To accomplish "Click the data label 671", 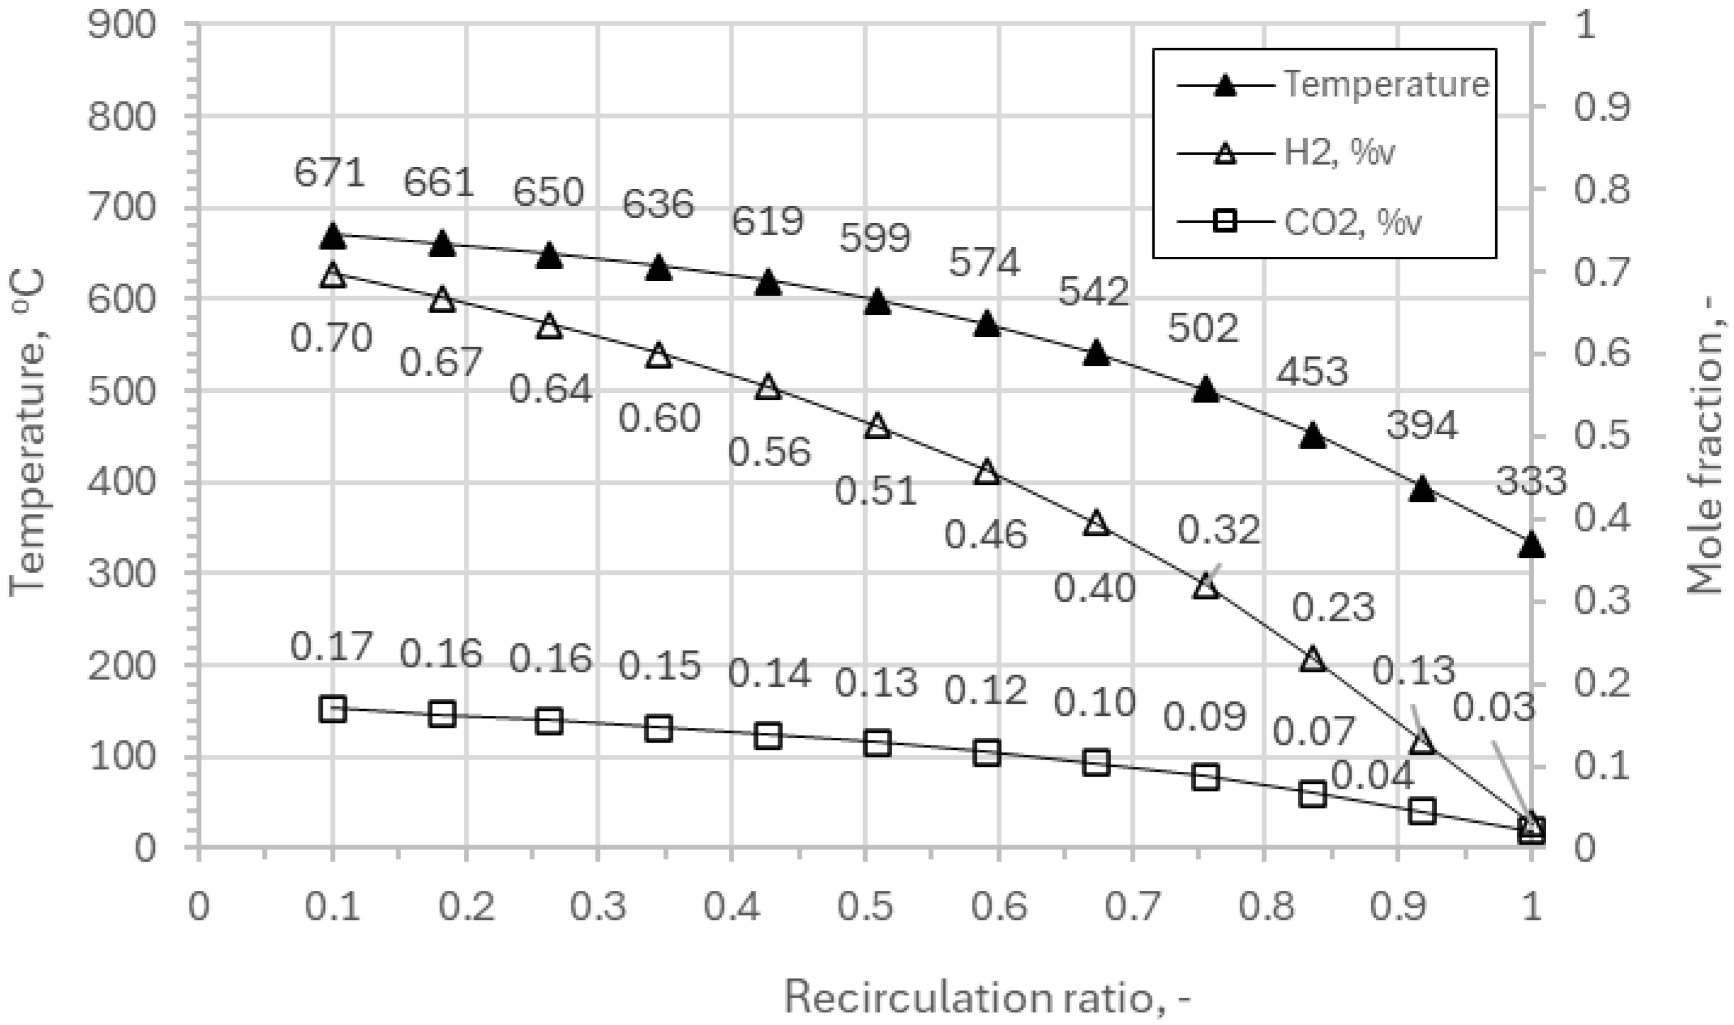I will tap(329, 172).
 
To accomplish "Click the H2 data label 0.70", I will tap(331, 338).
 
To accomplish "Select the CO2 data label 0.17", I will tap(332, 647).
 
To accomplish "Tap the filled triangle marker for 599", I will tap(877, 302).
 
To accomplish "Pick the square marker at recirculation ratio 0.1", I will tap(332, 709).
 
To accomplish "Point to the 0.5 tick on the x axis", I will tap(865, 907).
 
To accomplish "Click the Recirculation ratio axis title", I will tap(988, 998).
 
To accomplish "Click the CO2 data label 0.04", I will tap(1373, 775).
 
